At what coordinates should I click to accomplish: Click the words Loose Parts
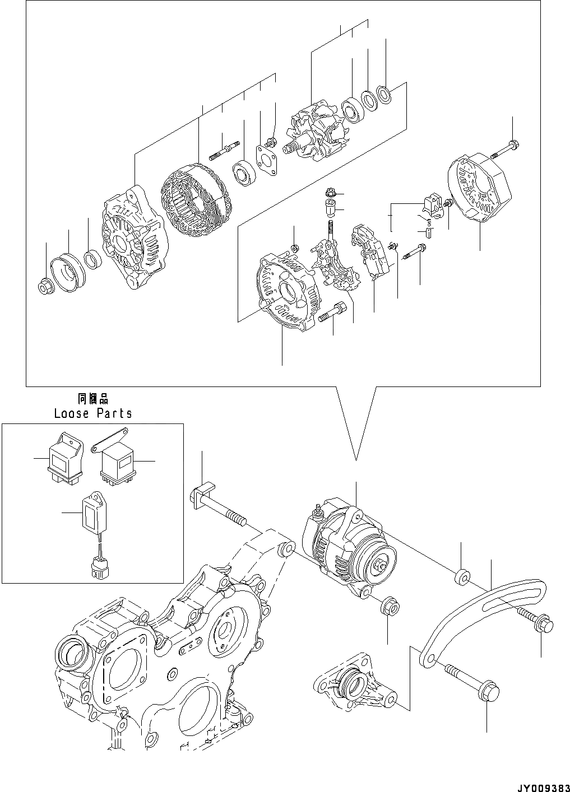click(x=93, y=413)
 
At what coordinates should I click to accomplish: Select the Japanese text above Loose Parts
click(x=92, y=399)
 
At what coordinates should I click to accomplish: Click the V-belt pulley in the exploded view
click(x=66, y=272)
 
